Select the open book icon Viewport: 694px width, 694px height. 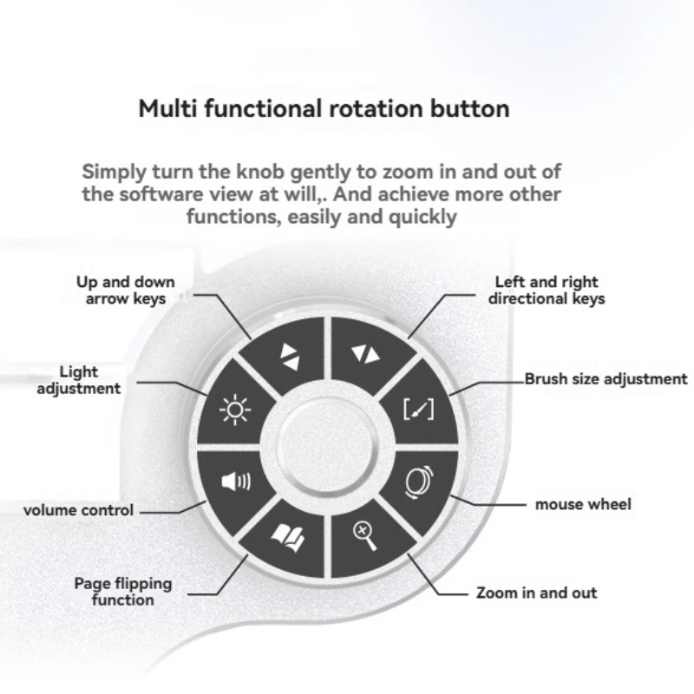click(285, 538)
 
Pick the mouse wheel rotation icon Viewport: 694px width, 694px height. click(420, 482)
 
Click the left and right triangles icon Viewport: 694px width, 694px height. click(364, 354)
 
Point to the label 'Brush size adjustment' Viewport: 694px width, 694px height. click(606, 379)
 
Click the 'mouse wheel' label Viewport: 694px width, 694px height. click(583, 504)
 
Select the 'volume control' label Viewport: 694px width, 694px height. click(78, 510)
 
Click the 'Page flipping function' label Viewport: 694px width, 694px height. click(122, 592)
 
